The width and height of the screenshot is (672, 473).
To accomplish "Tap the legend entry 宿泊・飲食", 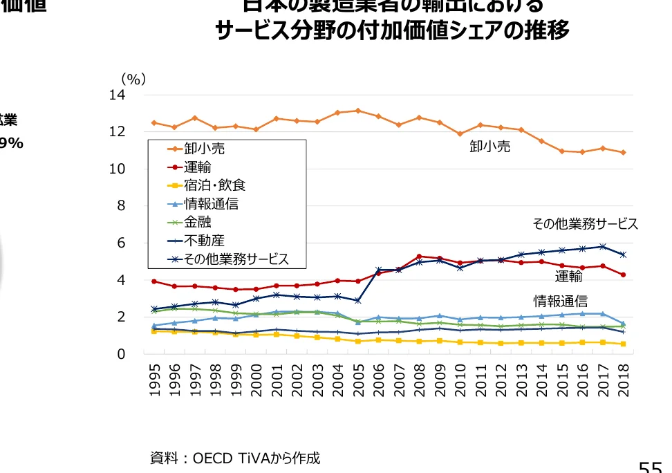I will click(214, 185).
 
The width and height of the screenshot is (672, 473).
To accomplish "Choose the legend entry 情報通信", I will click(211, 204).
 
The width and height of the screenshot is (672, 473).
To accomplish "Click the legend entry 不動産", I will click(204, 241).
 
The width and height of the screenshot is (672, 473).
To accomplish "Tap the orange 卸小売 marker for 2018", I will click(623, 152).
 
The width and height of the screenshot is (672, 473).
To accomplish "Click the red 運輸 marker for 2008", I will click(420, 257).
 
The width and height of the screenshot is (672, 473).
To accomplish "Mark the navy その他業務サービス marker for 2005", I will click(358, 301).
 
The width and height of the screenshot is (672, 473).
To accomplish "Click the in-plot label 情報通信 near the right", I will click(560, 302).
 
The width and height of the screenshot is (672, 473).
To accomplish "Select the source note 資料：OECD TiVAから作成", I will click(235, 458).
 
